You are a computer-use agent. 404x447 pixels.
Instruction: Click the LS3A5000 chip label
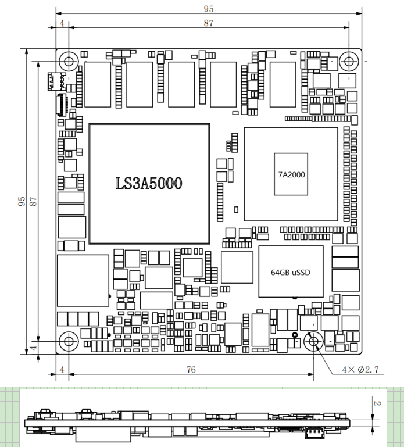(x=149, y=183)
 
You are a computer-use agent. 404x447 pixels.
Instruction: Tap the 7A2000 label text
(x=291, y=174)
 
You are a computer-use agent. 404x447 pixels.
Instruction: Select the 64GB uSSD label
(x=291, y=273)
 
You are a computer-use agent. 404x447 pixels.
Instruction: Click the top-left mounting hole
(x=69, y=61)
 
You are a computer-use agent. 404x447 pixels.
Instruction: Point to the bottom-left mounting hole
(x=69, y=341)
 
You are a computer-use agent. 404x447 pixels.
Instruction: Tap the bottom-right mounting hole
(x=314, y=341)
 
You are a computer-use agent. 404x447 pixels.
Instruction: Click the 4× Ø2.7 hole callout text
(x=360, y=370)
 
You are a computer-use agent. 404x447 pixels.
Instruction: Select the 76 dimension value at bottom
(x=191, y=370)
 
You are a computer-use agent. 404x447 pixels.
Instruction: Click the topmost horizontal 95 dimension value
(x=209, y=9)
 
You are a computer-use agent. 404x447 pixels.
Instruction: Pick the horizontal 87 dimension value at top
(x=209, y=23)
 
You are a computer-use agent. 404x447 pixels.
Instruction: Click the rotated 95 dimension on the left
(x=22, y=201)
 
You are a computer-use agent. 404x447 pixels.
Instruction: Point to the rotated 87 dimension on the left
(x=33, y=201)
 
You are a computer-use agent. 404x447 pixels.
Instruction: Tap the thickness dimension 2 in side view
(x=377, y=403)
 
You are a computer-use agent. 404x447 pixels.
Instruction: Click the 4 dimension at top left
(x=62, y=23)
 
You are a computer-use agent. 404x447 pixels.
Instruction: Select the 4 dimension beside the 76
(x=62, y=370)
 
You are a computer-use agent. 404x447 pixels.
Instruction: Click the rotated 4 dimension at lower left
(x=33, y=348)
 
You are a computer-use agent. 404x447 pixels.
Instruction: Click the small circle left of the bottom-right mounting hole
(x=295, y=335)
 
